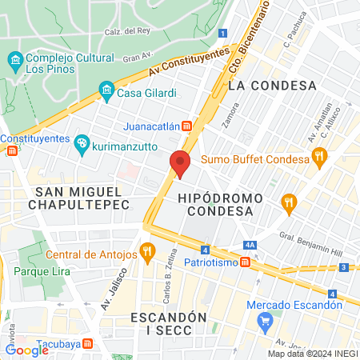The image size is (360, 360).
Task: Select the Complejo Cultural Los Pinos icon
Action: tap(14, 61)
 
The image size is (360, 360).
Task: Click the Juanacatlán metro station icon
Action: tap(186, 126)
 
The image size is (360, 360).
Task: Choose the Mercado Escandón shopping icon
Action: tap(266, 322)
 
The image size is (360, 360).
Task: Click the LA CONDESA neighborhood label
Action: tap(272, 85)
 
